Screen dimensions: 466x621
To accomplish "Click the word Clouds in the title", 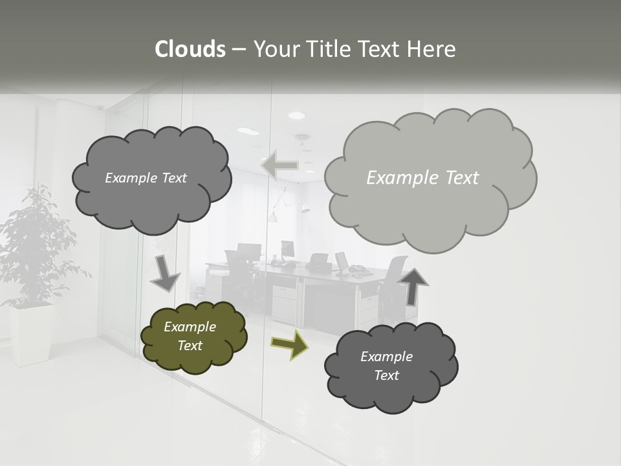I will [x=190, y=49].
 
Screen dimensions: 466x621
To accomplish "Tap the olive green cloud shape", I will [x=194, y=337].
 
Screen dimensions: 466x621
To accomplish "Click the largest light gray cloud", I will [x=430, y=178].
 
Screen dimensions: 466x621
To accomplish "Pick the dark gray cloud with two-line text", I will [x=391, y=366].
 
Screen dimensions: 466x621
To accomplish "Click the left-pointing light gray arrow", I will [x=279, y=166].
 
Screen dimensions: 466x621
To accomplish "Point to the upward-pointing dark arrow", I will [x=413, y=287].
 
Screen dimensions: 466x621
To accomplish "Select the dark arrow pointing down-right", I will [x=165, y=272].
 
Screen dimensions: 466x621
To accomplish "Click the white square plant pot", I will [x=31, y=334].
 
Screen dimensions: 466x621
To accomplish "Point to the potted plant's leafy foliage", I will [x=36, y=246].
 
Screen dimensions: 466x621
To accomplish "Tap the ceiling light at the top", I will [x=296, y=115].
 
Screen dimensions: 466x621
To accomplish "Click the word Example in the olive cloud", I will [x=190, y=327].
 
